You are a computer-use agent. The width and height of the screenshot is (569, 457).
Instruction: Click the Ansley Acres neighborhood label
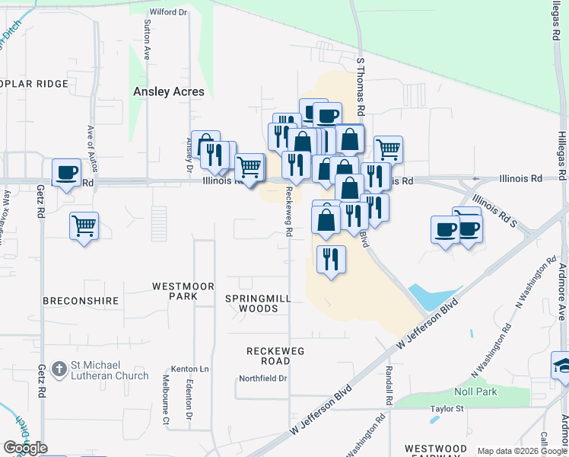[x=169, y=91]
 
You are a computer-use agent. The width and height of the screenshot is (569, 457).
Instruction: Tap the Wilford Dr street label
[x=168, y=12]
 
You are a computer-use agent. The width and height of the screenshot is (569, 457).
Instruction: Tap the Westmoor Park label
[x=183, y=291]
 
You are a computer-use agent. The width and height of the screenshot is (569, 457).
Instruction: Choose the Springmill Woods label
[x=258, y=303]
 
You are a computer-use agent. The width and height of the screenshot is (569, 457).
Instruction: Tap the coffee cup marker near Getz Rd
[x=66, y=172]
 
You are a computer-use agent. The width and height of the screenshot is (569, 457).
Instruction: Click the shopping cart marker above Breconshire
[x=84, y=225]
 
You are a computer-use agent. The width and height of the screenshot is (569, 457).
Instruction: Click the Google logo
[x=25, y=448]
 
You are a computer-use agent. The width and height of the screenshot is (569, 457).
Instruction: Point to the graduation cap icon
[x=561, y=365]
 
